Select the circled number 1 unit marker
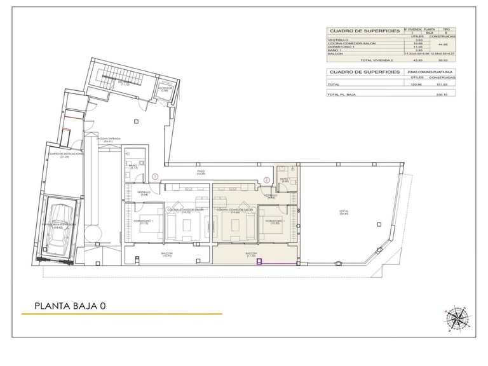coord(156,176)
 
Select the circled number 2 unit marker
coord(266,179)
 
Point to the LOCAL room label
coord(344,213)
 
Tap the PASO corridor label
coord(200,172)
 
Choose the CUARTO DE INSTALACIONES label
coord(64,155)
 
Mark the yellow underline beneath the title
coord(121,315)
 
